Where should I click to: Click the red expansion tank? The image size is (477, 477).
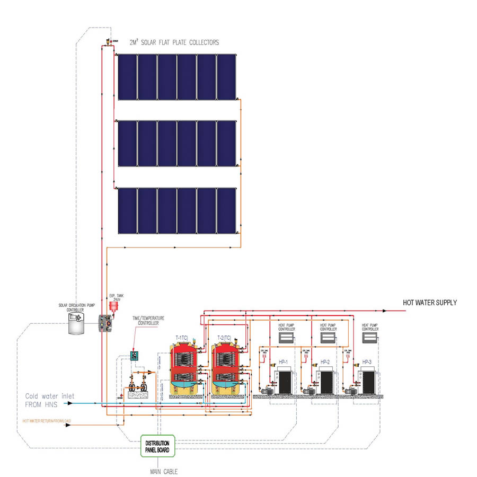pyautogui.click(x=113, y=306)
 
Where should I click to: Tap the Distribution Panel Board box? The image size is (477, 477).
pyautogui.click(x=157, y=446)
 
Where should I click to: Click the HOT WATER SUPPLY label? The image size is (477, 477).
pyautogui.click(x=429, y=303)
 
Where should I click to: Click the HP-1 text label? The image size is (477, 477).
pyautogui.click(x=282, y=362)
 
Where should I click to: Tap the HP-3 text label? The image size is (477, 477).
pyautogui.click(x=367, y=362)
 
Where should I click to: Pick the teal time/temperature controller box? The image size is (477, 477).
pyautogui.click(x=137, y=356)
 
